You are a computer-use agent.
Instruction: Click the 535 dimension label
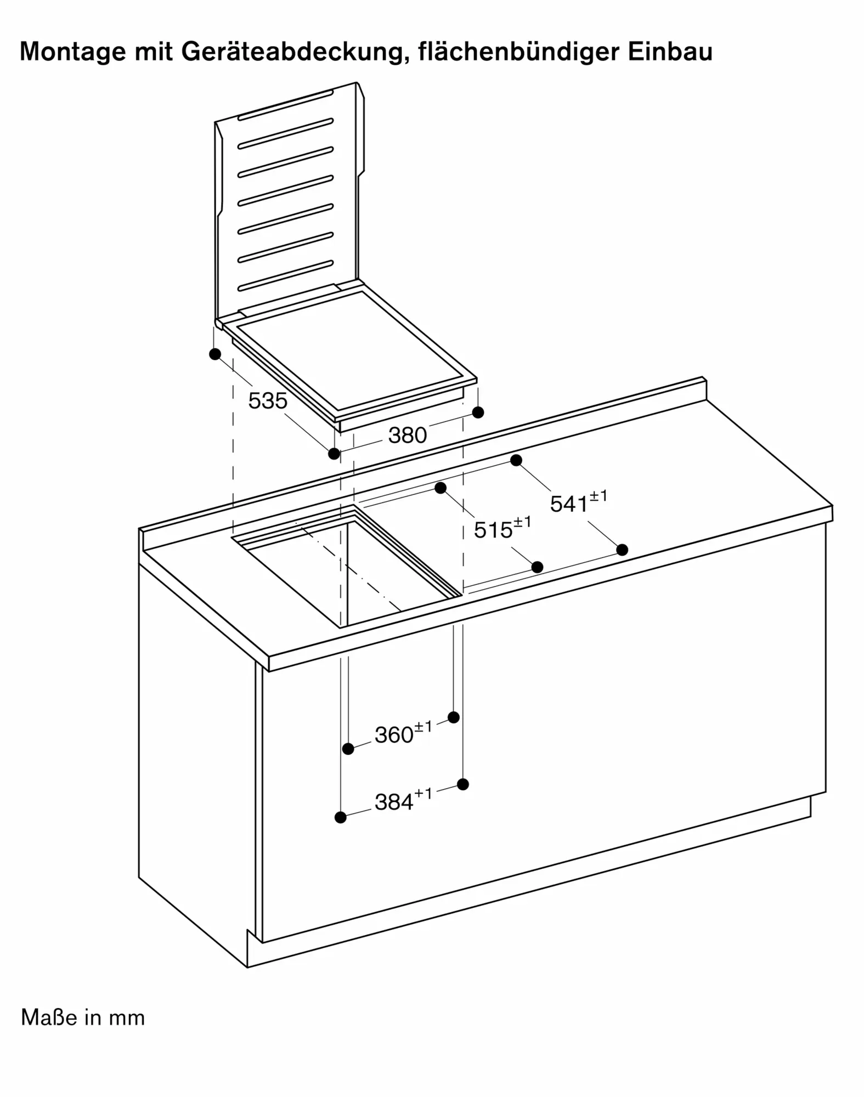[268, 401]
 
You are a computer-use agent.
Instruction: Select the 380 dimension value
[407, 436]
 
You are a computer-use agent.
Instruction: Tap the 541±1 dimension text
[579, 502]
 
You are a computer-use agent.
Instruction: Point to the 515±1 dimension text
[502, 528]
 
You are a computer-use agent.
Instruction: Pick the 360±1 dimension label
[403, 733]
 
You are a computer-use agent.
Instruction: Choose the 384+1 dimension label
[403, 800]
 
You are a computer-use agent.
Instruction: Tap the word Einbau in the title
[670, 51]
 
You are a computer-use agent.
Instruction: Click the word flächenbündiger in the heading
[518, 52]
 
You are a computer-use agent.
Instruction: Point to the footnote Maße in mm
[83, 1017]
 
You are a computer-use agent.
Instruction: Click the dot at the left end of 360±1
[348, 749]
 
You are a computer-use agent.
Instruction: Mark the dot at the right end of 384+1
[463, 784]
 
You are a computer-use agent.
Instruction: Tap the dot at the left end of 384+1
[340, 817]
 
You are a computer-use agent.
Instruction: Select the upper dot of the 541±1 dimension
[516, 460]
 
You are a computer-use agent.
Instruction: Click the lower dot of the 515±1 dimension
[538, 567]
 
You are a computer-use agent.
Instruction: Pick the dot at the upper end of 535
[215, 354]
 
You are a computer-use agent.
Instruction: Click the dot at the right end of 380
[478, 412]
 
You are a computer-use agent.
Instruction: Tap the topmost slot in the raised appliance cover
[285, 105]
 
